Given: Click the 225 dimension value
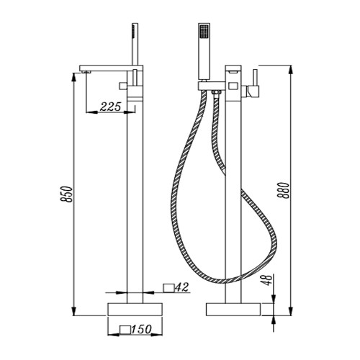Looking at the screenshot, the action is [111, 107].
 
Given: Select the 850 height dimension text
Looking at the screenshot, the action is [67, 194].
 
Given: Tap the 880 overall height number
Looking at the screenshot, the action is [284, 190].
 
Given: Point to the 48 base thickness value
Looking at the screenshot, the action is [268, 280].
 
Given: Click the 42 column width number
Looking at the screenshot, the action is [182, 287].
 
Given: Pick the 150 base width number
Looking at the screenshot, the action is [141, 329].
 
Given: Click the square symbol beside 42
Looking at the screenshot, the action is [168, 288].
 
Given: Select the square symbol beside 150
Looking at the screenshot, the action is [125, 330].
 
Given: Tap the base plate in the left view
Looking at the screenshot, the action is [135, 310].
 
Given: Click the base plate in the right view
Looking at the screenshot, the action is [233, 310].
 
